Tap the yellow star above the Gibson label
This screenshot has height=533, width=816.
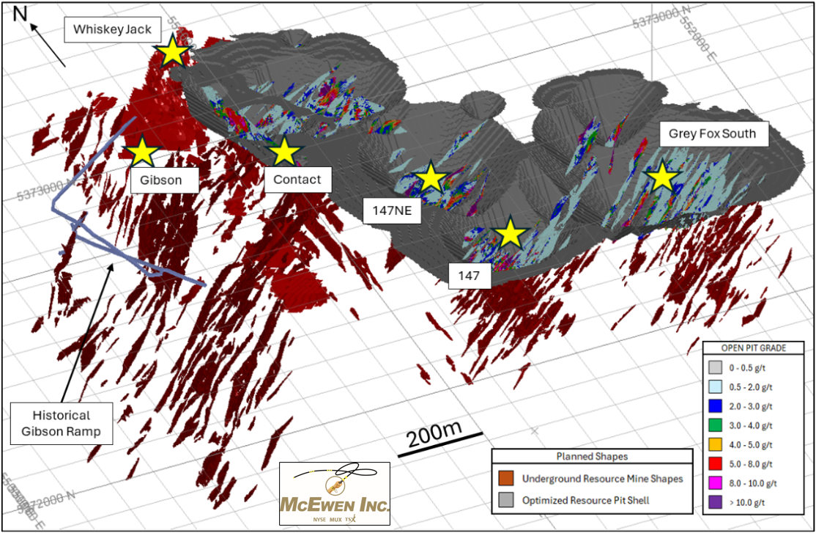pos(143,152)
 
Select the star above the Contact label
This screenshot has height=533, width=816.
pos(284,152)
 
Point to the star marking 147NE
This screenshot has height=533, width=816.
pos(431,178)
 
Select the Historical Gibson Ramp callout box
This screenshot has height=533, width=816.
pos(62,423)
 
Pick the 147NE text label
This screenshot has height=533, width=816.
pos(393,213)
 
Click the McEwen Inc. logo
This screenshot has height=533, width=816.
pos(335,493)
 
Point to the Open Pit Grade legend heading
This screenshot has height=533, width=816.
pos(754,348)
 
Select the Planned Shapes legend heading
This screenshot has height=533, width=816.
pos(591,456)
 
